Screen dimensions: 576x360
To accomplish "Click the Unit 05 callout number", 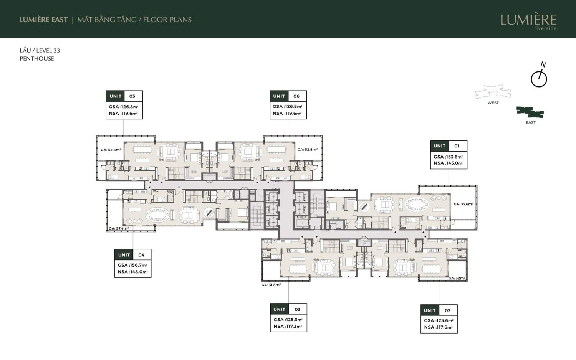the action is coord(132,96).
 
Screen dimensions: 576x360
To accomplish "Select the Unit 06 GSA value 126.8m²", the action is coord(293,106).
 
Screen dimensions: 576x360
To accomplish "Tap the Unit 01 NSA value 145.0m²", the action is coord(455,163).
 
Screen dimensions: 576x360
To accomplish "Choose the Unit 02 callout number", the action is coord(448,310).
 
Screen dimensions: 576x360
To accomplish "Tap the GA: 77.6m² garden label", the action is coord(463,204).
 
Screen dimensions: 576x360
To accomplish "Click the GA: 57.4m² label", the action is coord(119,228).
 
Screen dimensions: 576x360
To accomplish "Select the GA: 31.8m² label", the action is coord(271,285).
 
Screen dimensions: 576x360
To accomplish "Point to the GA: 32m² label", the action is coord(457,278).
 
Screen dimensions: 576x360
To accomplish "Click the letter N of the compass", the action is coord(543,64).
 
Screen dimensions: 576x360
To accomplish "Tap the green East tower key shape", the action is coord(530,112).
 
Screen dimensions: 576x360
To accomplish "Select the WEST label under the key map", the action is coord(493,103).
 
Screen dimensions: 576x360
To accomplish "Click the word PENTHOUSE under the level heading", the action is coord(37,59).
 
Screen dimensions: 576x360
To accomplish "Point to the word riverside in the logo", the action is coord(545,28).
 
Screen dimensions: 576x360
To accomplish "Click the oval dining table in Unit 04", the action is coord(157,215).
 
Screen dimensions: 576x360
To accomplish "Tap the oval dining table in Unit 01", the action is coord(417,205).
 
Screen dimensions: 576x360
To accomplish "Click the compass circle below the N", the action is coord(539,79).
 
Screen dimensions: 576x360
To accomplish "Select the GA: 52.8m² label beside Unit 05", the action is coord(111,150).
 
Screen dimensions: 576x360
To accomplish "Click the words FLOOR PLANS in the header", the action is coord(167,20).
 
